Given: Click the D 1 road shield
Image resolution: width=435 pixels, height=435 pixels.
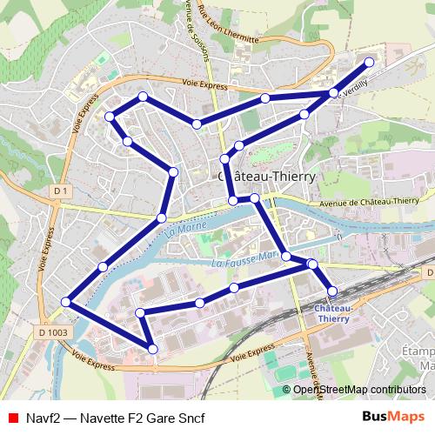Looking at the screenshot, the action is click(60, 190).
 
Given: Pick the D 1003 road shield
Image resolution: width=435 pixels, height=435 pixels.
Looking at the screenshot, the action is click(53, 331).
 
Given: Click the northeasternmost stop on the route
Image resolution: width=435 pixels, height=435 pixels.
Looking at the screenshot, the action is click(369, 62).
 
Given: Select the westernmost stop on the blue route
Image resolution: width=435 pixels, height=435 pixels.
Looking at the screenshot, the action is click(66, 302).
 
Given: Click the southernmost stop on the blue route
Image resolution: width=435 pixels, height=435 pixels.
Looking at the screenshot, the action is click(153, 349).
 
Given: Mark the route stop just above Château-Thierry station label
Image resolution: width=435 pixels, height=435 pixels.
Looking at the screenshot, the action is click(331, 291).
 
